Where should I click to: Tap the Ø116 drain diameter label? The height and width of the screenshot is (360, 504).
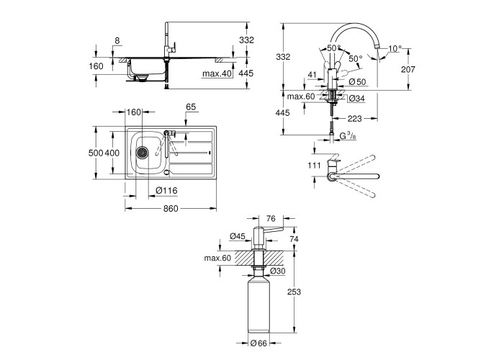point(167,190)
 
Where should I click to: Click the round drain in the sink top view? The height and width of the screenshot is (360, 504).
point(142,152)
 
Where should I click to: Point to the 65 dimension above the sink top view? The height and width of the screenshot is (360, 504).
point(191,107)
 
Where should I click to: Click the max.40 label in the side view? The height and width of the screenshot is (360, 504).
point(215,73)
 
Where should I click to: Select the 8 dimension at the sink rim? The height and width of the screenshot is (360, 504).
point(117,41)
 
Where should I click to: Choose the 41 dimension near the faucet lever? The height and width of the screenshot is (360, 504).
point(310,73)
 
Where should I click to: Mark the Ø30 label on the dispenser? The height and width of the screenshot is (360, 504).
point(279,270)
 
